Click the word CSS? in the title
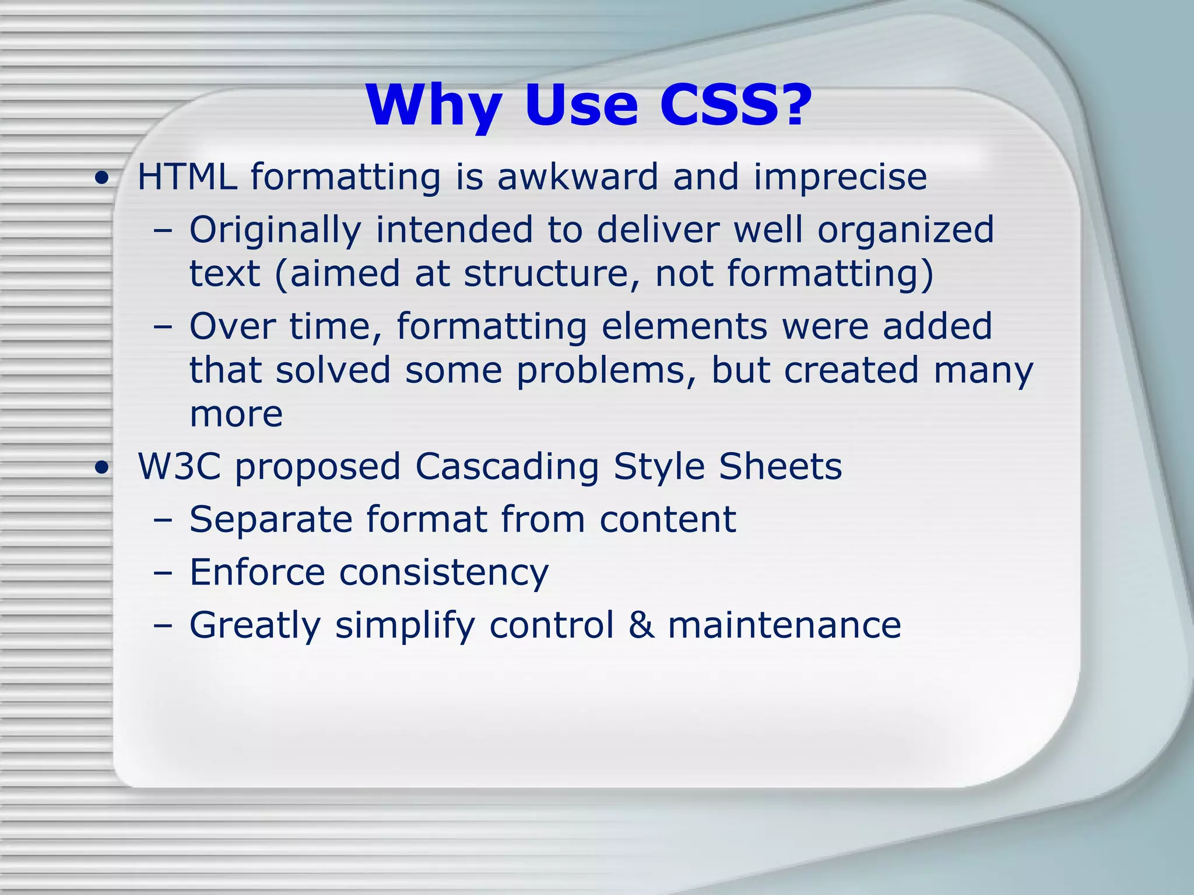(736, 105)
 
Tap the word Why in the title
(434, 107)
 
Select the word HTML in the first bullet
(187, 177)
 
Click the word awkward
(577, 177)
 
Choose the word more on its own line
(236, 414)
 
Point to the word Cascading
(507, 468)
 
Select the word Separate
(271, 520)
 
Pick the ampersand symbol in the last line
(641, 625)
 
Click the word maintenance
(784, 625)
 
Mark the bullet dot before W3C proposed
(103, 468)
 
